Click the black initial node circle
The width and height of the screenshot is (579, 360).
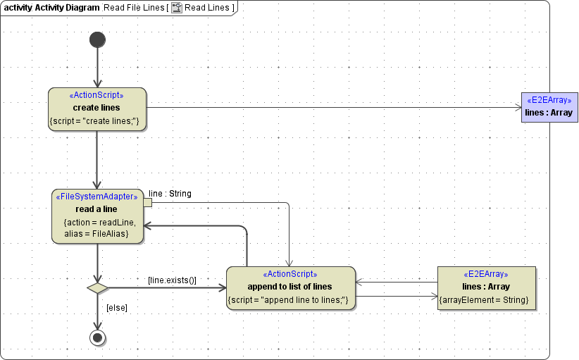(97, 39)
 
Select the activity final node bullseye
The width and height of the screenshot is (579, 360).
(97, 338)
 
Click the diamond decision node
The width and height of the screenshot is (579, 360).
(97, 287)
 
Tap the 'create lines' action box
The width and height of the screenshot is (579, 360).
(96, 108)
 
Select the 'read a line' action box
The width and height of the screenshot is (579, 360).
(96, 216)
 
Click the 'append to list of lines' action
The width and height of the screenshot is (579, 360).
(289, 287)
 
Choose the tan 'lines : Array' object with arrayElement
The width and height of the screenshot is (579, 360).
(486, 287)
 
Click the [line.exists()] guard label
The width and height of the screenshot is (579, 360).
(172, 280)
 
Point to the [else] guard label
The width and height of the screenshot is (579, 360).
(116, 308)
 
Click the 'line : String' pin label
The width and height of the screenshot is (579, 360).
(170, 193)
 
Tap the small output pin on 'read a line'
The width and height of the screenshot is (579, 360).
(147, 202)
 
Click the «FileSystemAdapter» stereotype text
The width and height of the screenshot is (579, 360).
(96, 197)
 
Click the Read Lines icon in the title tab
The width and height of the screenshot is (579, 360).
(177, 7)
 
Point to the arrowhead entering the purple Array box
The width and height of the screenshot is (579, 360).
(517, 107)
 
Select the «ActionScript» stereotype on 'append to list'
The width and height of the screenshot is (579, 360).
(289, 274)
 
